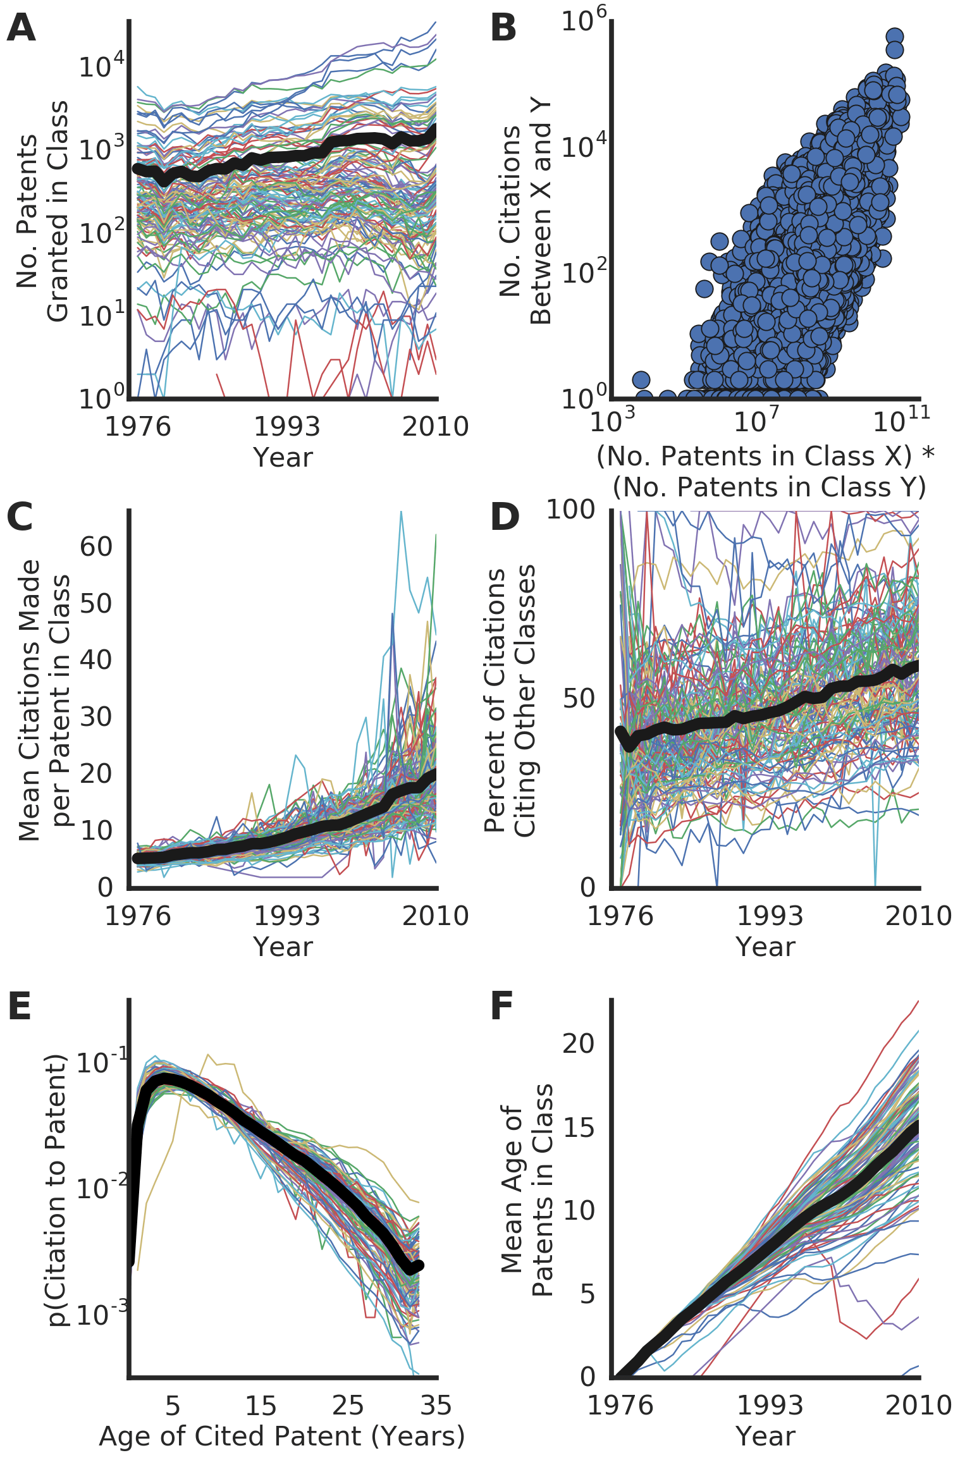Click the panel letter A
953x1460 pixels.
pos(21,28)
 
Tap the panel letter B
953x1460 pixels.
pos(503,28)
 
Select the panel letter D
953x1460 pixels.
pos(505,517)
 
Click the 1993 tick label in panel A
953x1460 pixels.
pos(286,427)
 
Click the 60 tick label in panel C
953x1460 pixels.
pos(96,546)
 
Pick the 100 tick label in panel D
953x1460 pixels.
pos(570,510)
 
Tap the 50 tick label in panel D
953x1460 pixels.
pos(579,699)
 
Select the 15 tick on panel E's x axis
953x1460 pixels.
pos(261,1406)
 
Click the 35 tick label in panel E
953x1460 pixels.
pos(436,1406)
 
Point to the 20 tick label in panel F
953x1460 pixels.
pos(579,1044)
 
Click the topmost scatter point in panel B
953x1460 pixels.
pos(894,37)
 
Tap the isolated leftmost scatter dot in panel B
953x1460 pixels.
pos(641,380)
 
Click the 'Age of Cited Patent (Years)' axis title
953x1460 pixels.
pos(282,1436)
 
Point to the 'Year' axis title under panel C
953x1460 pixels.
pos(283,947)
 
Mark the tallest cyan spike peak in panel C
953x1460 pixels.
pos(401,512)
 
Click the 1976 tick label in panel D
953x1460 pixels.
pos(620,916)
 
